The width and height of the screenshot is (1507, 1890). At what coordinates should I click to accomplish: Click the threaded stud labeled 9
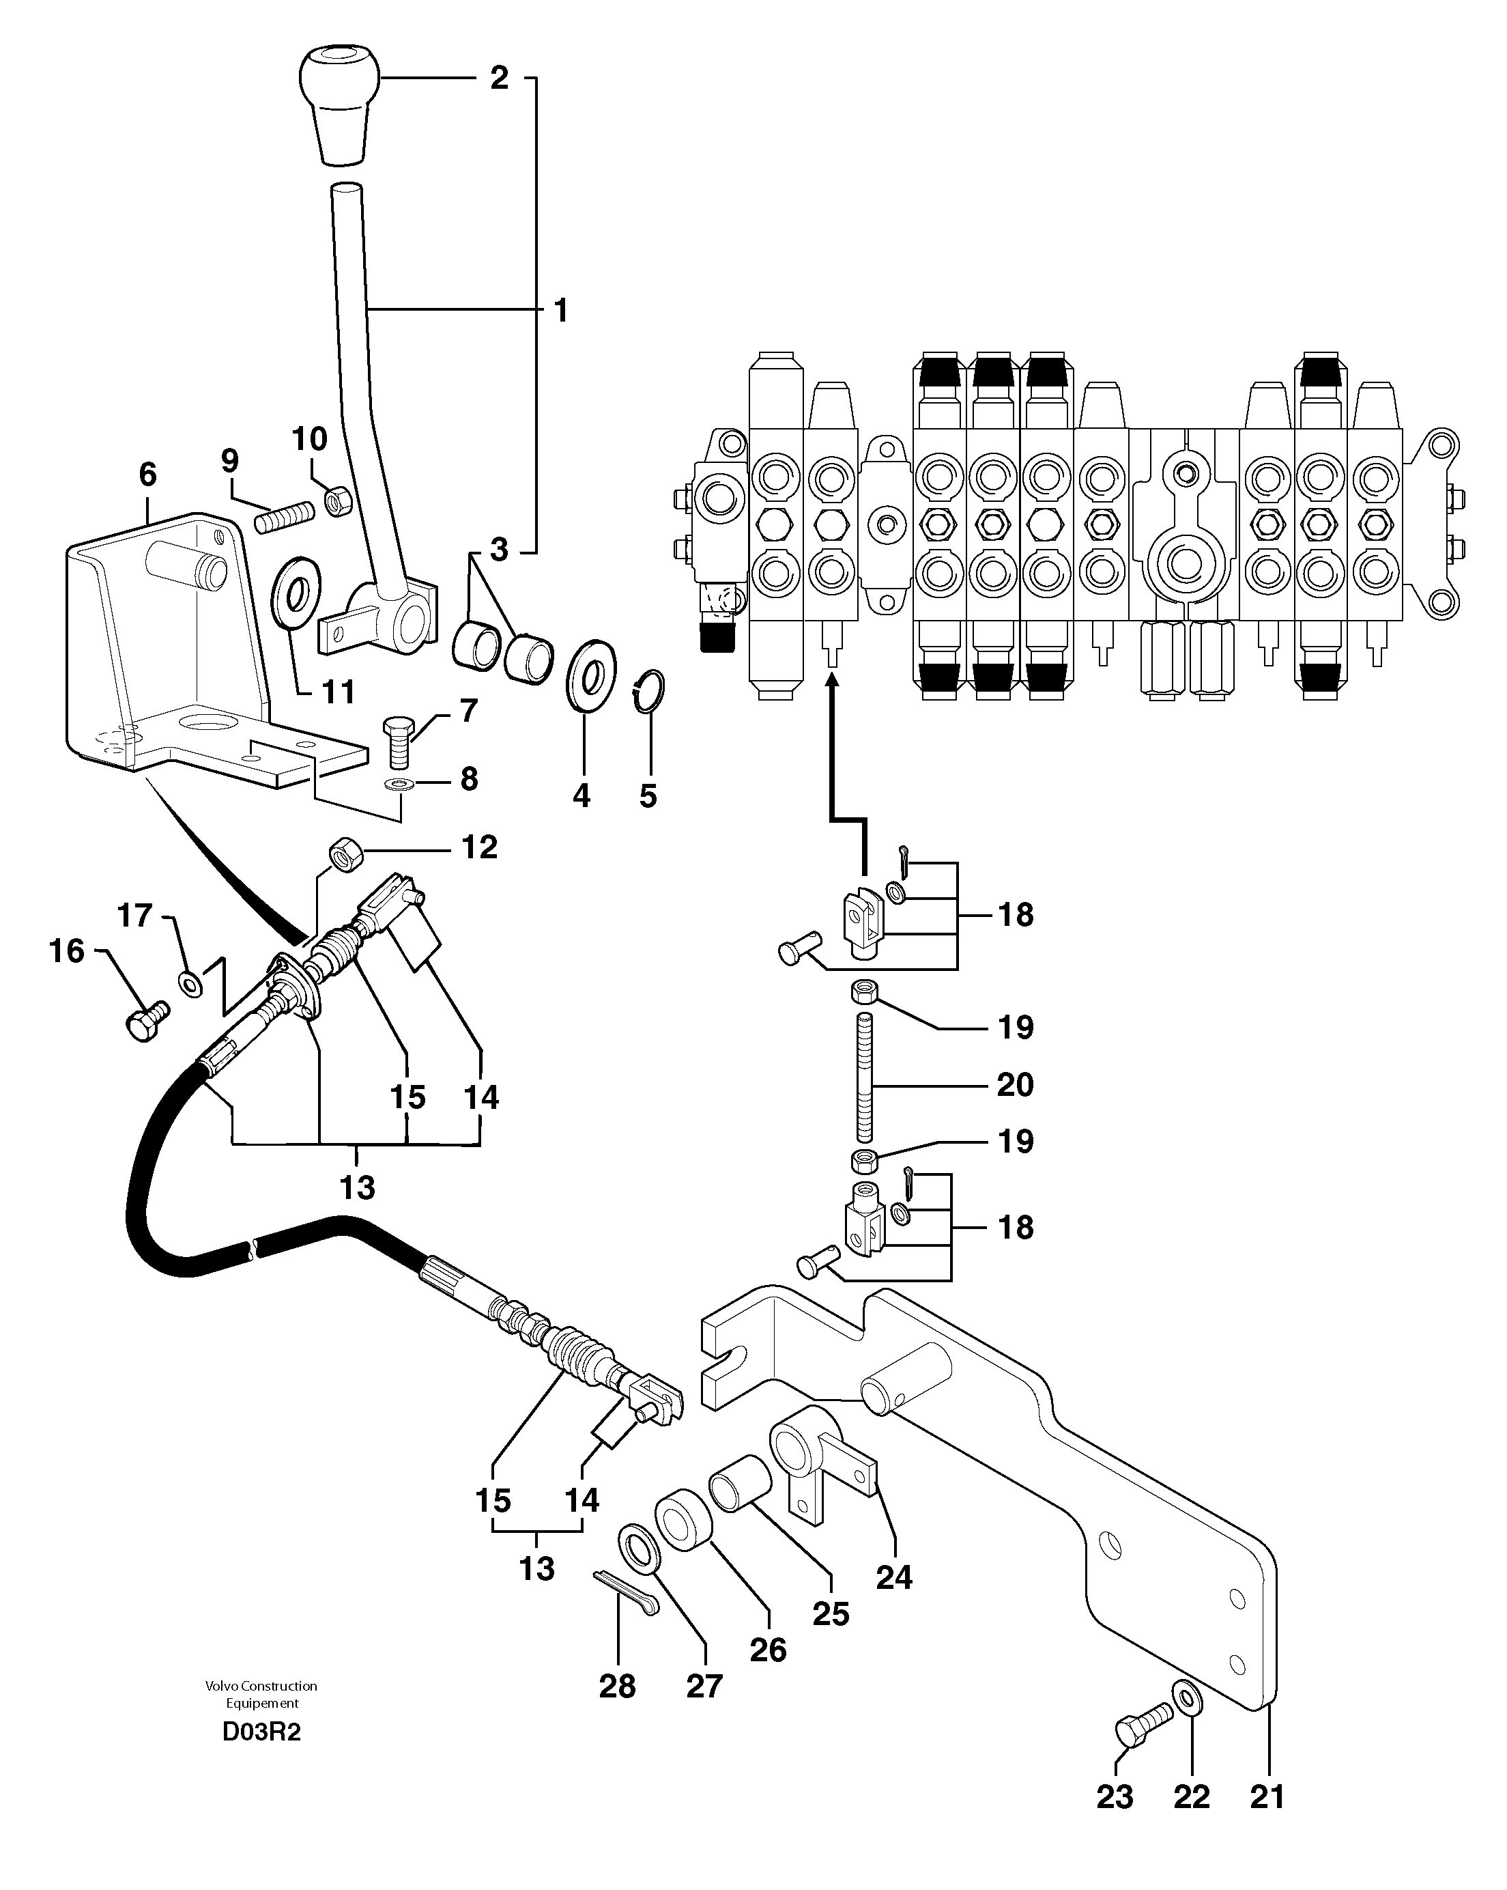click(284, 516)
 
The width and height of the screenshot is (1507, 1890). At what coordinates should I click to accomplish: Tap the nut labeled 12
click(343, 853)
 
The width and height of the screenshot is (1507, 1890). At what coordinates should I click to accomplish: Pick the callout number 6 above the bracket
click(148, 475)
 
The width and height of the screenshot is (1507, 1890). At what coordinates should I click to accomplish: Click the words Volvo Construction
click(261, 1685)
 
